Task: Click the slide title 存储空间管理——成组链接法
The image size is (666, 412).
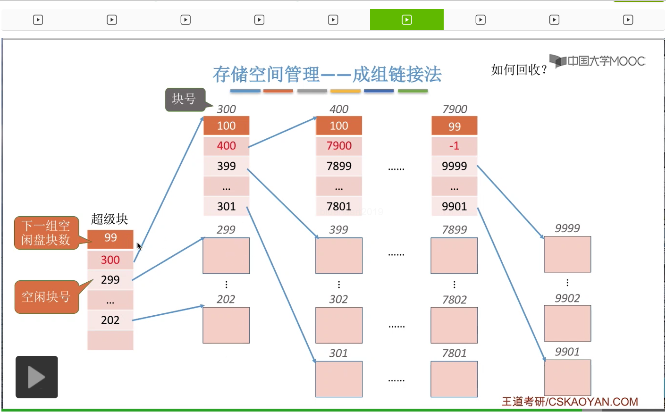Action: (x=327, y=75)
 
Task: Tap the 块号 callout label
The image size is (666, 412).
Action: (x=185, y=99)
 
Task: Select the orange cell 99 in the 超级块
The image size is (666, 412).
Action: (x=110, y=238)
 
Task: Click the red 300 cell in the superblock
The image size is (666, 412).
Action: (x=110, y=260)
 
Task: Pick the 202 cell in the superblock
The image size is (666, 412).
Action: (x=110, y=320)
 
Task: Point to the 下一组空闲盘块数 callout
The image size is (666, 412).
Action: (x=46, y=233)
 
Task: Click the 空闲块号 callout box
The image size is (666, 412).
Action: (x=46, y=297)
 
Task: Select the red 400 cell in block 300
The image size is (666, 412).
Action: (x=227, y=146)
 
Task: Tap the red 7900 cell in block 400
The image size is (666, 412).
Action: (x=339, y=146)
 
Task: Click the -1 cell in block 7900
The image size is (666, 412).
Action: (x=454, y=146)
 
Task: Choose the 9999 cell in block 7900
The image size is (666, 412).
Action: (x=454, y=166)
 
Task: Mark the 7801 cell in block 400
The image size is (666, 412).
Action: (x=339, y=206)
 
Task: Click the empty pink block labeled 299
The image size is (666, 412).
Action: (x=226, y=256)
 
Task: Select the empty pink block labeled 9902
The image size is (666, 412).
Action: (x=567, y=323)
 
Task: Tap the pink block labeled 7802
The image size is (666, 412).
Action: (x=454, y=325)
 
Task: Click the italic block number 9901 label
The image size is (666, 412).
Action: (x=567, y=352)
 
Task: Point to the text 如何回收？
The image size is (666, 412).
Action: (x=519, y=70)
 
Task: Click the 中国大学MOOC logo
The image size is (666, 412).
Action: (x=598, y=61)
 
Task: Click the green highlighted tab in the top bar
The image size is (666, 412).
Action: (x=407, y=20)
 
